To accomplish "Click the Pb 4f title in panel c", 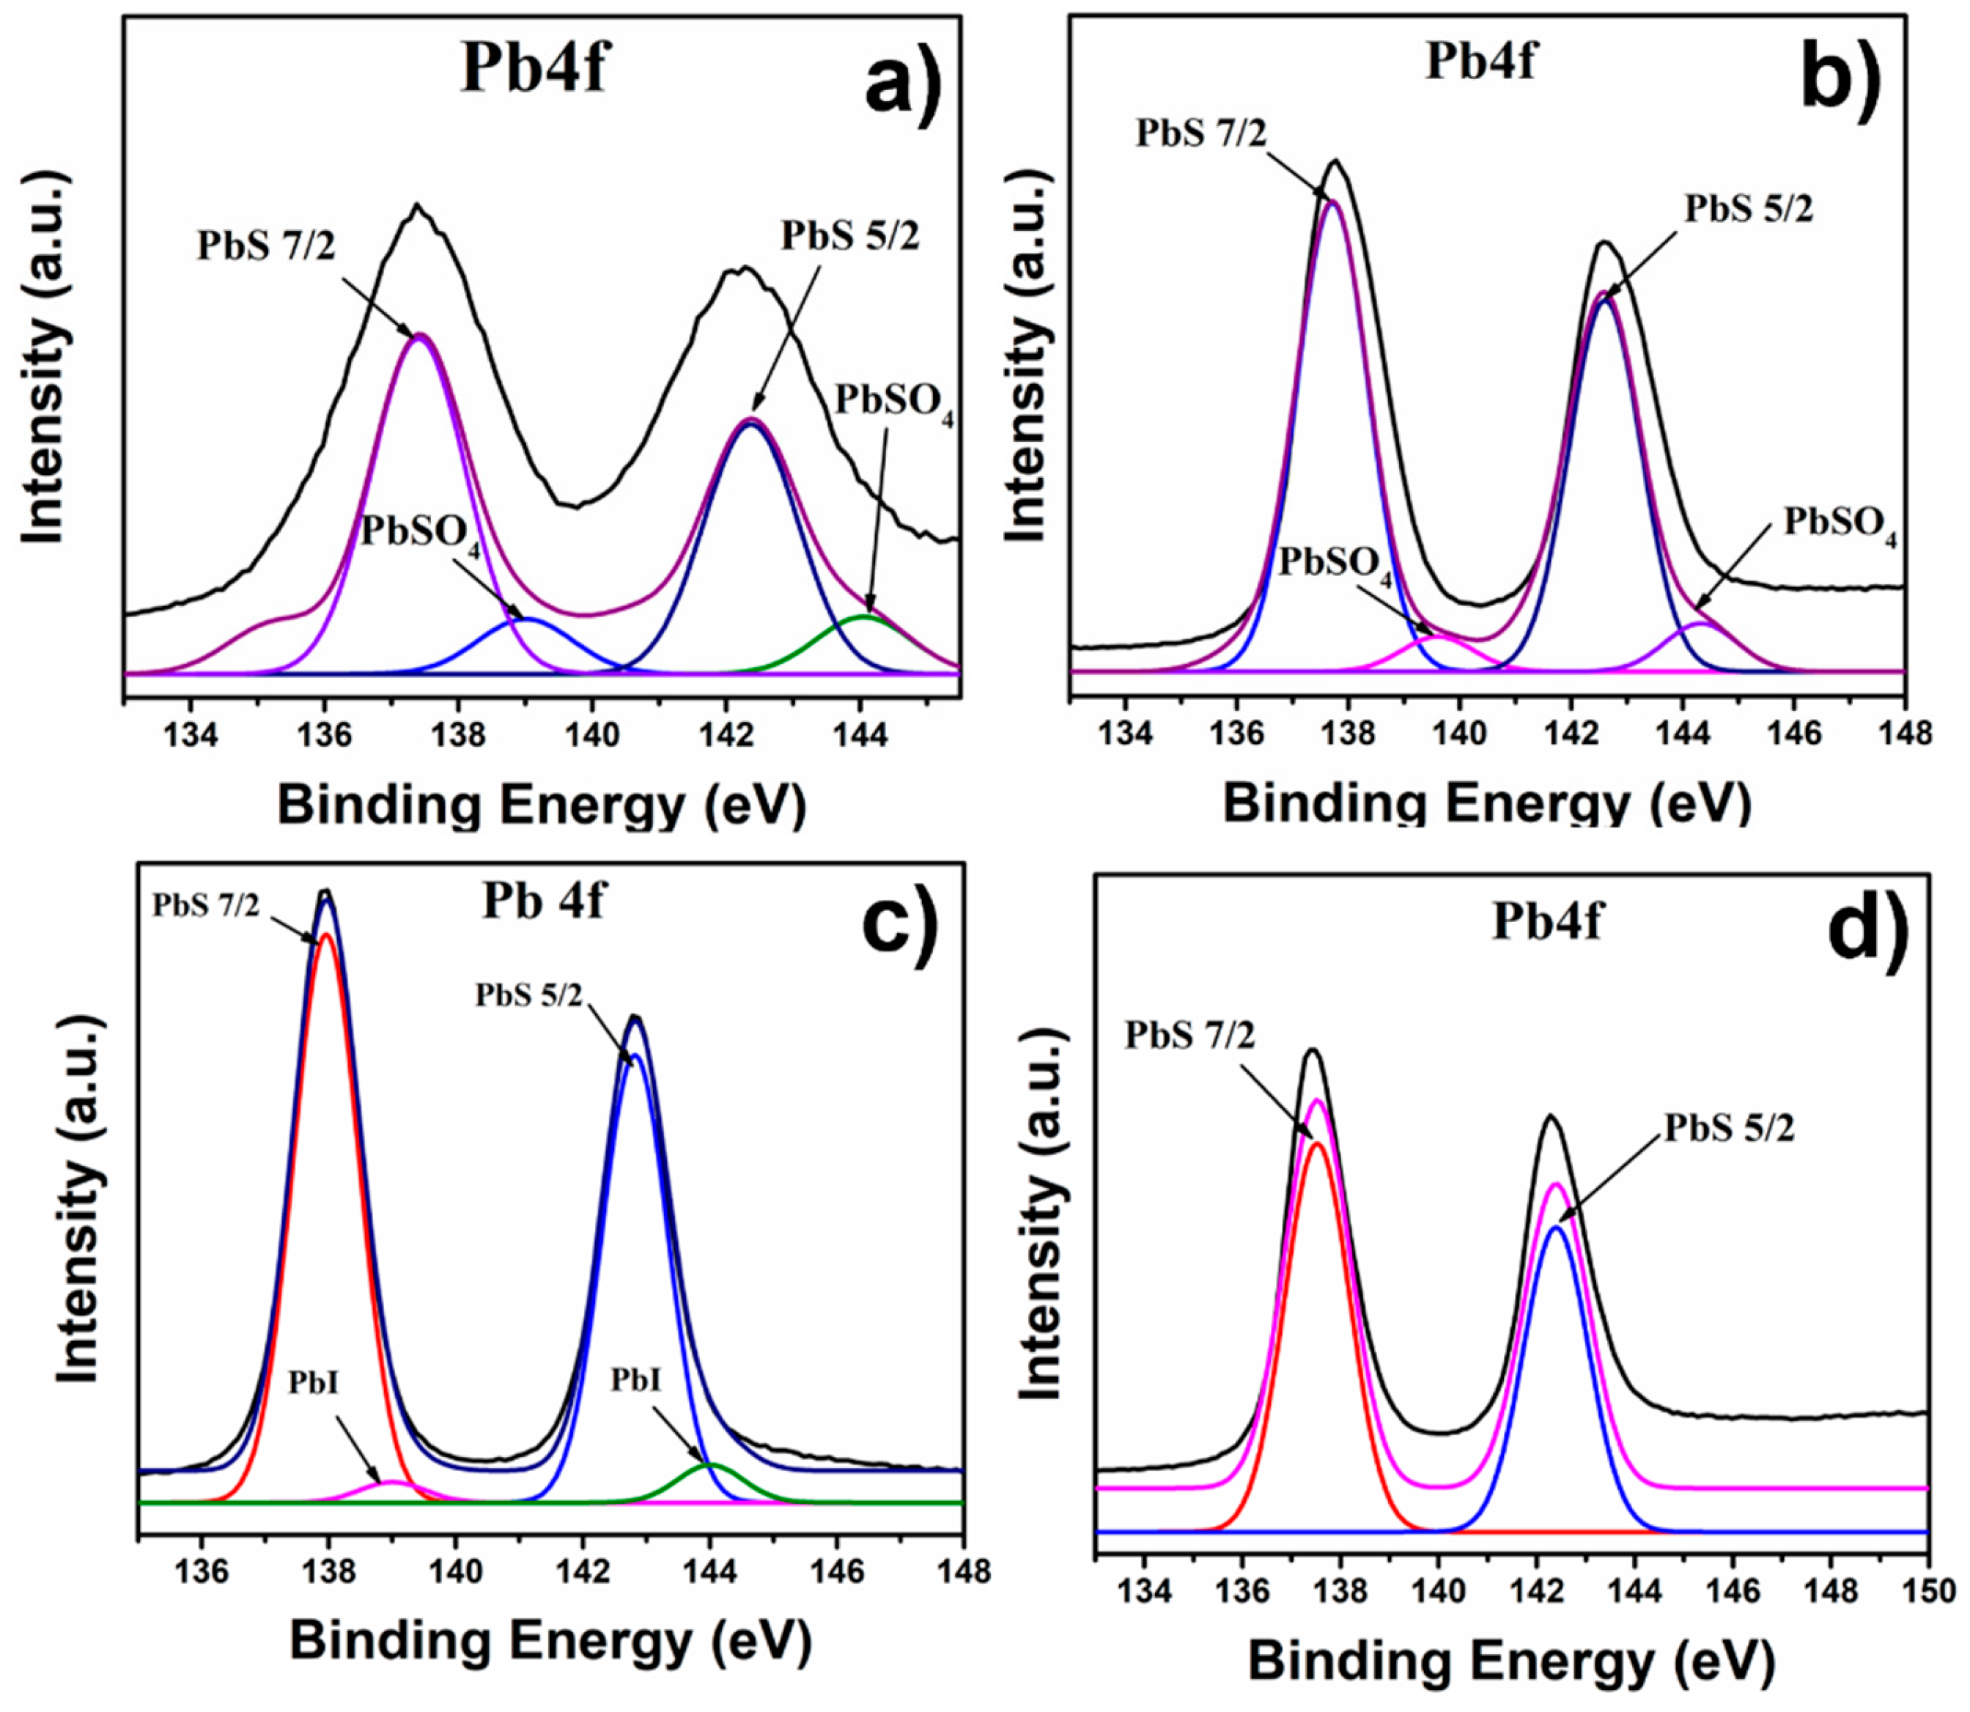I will pyautogui.click(x=542, y=900).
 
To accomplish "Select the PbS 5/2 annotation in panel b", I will pyautogui.click(x=1747, y=208).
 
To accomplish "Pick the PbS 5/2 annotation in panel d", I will pyautogui.click(x=1729, y=1129).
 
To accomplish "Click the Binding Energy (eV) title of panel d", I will pyautogui.click(x=1510, y=1662).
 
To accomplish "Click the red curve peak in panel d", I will pyautogui.click(x=1318, y=1143).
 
